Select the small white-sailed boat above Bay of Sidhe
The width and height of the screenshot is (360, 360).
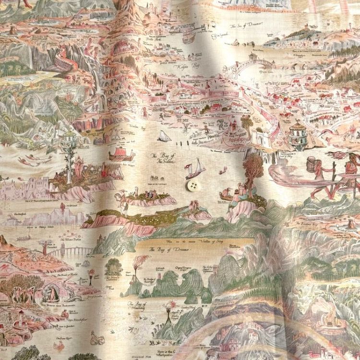pyautogui.click(x=164, y=136)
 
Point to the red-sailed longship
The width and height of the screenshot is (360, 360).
pyautogui.click(x=120, y=155)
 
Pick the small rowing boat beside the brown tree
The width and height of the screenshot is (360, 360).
pyautogui.click(x=225, y=195)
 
